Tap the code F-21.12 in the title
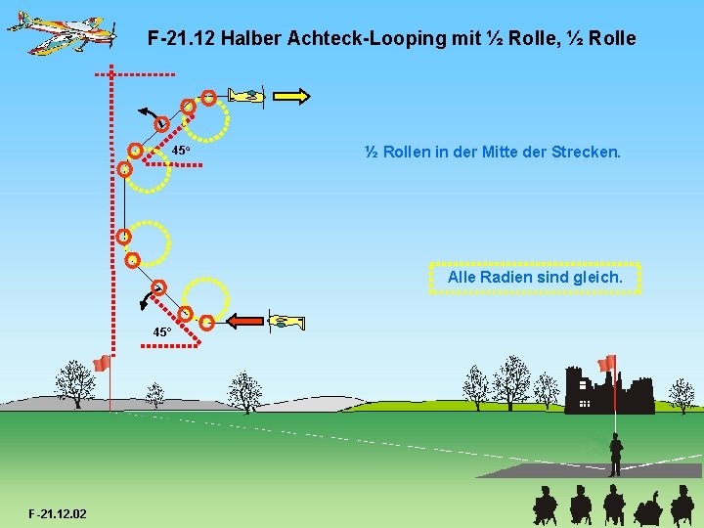coord(181,39)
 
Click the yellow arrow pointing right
coord(291,96)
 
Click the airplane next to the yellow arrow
coord(247,95)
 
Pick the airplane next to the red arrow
coord(286,322)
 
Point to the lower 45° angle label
coord(161,332)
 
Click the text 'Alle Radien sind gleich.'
coord(535,278)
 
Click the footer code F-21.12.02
coord(58,513)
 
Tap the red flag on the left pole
coord(101,364)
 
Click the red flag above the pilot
coord(607,363)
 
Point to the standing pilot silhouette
coord(616,455)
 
